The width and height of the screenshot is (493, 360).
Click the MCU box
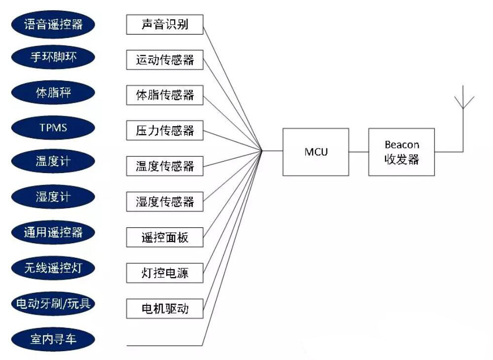click(x=316, y=152)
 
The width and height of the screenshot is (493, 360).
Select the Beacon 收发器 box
click(x=401, y=152)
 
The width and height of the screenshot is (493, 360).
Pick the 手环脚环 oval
click(x=53, y=58)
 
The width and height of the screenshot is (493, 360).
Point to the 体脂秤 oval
click(x=53, y=93)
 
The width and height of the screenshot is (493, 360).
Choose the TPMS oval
click(x=53, y=128)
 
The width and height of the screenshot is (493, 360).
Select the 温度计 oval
click(x=53, y=162)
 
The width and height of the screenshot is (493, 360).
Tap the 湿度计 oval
click(x=53, y=197)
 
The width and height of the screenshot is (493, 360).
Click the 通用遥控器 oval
click(x=53, y=232)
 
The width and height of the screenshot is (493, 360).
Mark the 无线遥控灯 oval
click(x=53, y=268)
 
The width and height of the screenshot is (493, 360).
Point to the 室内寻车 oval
click(x=53, y=338)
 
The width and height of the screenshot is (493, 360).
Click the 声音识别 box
click(x=165, y=25)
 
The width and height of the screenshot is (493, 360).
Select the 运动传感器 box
click(x=165, y=60)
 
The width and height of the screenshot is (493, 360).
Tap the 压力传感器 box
click(x=165, y=131)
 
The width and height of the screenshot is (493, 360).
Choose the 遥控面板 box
click(x=165, y=238)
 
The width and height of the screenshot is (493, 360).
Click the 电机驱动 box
click(x=165, y=309)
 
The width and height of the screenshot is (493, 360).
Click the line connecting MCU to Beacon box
click(x=358, y=151)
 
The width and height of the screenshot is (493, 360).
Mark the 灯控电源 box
click(x=165, y=273)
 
